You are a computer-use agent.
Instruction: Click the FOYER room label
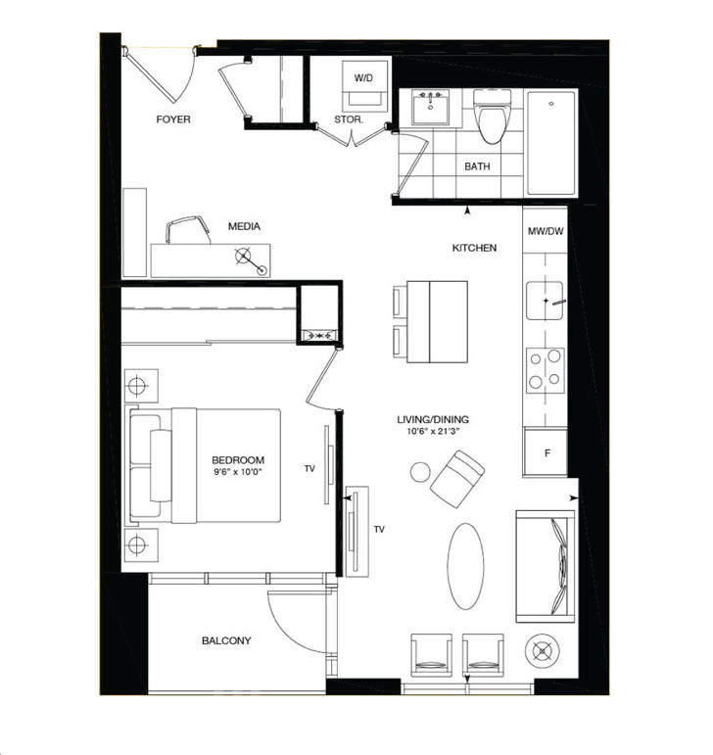point(173,119)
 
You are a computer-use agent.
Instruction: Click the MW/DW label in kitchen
point(546,232)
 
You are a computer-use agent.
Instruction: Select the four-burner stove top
point(545,369)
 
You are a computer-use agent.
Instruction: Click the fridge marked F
point(547,453)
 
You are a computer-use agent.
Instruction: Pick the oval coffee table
point(466,565)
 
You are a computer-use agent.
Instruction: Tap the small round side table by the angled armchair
point(420,472)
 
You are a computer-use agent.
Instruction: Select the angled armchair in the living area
point(458,477)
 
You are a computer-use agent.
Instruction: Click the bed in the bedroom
point(208,465)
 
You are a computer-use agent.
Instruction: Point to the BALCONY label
point(226,641)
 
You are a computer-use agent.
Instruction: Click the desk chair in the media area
point(190,230)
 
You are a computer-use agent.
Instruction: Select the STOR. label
point(350,119)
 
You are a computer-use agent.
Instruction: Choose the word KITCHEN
point(474,248)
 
